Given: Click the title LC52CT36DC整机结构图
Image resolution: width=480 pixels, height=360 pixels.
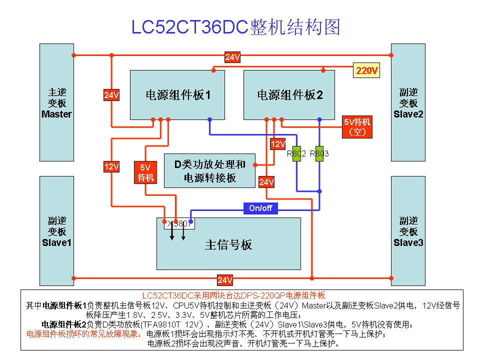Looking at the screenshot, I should (x=235, y=27).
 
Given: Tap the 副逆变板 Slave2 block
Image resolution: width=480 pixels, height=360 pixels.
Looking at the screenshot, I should (x=408, y=102).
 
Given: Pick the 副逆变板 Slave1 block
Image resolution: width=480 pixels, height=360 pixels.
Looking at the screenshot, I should (x=57, y=231).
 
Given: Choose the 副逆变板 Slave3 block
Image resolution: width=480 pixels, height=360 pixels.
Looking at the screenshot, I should (x=408, y=231).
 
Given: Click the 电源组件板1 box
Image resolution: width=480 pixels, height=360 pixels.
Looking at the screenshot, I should (x=177, y=94).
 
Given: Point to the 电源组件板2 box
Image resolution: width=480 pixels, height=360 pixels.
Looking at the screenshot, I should (x=289, y=94).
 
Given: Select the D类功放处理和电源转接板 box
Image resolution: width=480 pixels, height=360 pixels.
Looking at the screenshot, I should (x=209, y=170).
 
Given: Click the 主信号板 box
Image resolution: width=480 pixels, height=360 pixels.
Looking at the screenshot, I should (x=228, y=244).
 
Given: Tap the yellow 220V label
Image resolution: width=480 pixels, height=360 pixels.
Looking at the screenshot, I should (x=366, y=71).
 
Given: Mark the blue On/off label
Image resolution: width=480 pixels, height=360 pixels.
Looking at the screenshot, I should (x=260, y=208).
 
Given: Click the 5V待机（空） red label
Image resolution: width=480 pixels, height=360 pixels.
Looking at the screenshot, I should (x=357, y=127).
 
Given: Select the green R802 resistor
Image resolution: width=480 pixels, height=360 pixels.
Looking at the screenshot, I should (x=296, y=153).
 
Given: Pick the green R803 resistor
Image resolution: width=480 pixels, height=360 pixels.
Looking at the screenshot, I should (x=319, y=153).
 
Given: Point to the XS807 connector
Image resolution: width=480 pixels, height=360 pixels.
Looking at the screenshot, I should (x=179, y=224).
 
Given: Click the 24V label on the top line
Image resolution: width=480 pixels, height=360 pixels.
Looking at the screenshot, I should (x=232, y=57).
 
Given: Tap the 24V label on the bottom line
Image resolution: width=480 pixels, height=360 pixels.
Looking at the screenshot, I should (x=224, y=280).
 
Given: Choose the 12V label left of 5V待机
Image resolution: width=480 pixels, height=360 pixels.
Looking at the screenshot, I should (x=111, y=166).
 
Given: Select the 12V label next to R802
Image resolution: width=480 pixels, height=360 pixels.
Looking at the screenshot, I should (x=277, y=144).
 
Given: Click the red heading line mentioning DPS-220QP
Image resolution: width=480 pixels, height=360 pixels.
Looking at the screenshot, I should (x=234, y=295).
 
